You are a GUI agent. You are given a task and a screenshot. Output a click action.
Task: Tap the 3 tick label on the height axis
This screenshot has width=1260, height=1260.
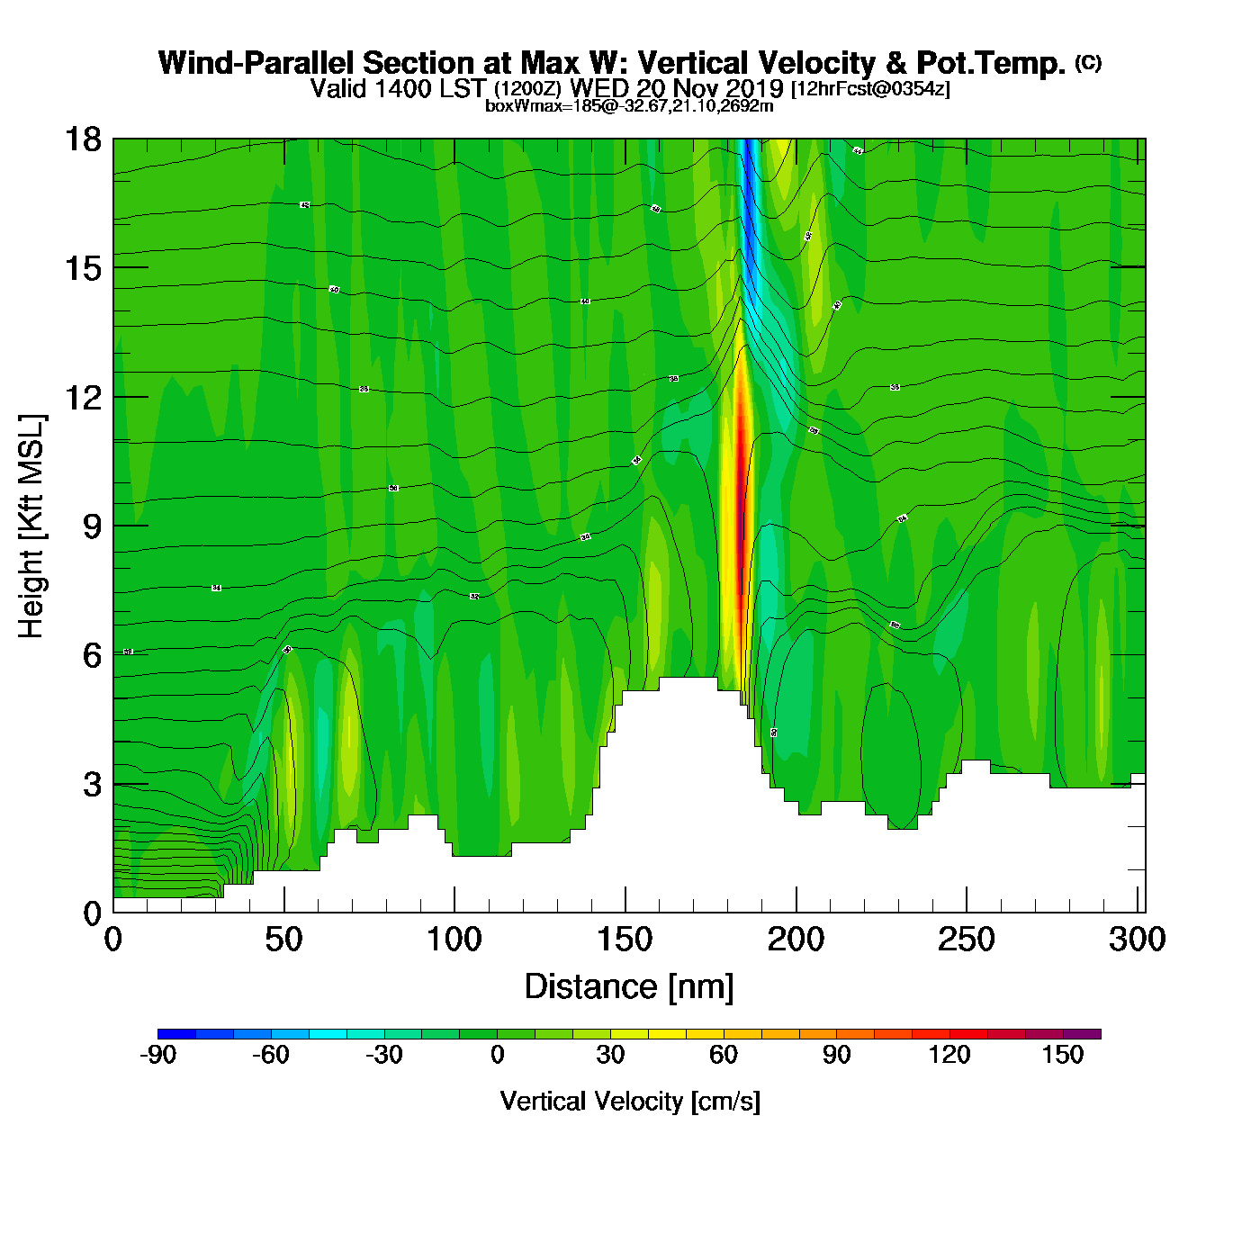click(x=92, y=785)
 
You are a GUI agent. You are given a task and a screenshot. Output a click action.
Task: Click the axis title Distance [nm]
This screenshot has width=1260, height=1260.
click(x=629, y=987)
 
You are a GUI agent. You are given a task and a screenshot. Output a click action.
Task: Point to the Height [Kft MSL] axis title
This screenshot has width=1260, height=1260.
click(x=31, y=526)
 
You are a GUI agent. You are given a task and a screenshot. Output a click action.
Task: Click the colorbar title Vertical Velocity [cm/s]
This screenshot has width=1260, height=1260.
click(x=630, y=1101)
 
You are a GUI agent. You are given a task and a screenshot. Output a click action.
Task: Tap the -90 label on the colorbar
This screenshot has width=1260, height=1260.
click(x=157, y=1055)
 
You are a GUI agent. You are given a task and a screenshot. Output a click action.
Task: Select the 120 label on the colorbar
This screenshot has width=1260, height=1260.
click(x=949, y=1055)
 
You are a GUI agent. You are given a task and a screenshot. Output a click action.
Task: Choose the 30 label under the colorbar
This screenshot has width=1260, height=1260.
click(x=610, y=1055)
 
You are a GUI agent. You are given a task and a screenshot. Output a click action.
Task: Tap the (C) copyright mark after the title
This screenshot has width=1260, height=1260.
click(x=1088, y=62)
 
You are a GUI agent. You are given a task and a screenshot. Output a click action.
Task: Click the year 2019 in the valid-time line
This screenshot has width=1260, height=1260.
click(x=754, y=88)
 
